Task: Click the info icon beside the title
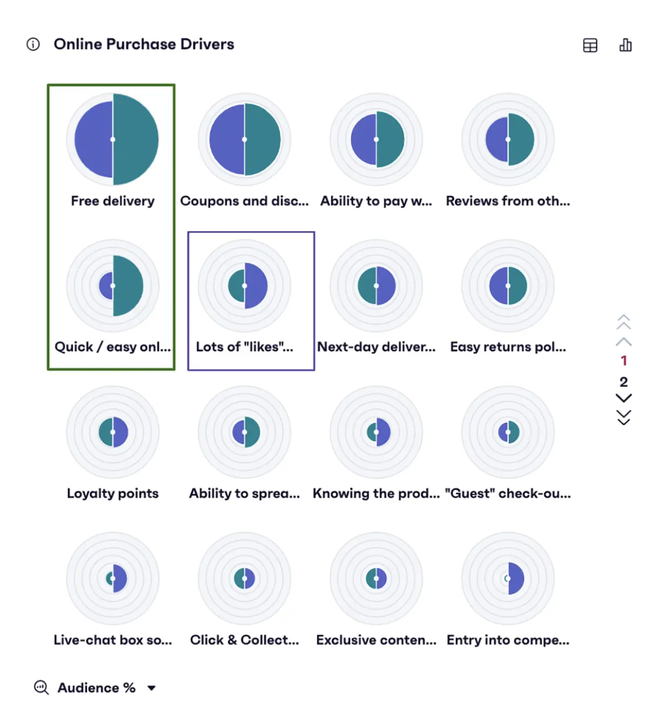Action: [33, 44]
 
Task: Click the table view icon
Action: [590, 46]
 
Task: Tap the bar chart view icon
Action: [626, 45]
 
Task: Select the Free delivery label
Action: [113, 201]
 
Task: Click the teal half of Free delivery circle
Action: [136, 139]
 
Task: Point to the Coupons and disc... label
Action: [244, 201]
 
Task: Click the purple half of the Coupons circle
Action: [227, 139]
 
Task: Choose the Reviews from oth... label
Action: [508, 201]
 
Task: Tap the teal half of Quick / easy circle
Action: [128, 286]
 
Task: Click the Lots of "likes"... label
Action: [244, 347]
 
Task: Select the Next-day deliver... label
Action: [376, 347]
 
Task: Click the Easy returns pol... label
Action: [508, 347]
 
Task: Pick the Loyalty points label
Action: [113, 493]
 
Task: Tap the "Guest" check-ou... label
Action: [508, 493]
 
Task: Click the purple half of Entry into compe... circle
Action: [516, 578]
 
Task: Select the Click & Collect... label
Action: [244, 640]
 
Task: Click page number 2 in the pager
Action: [624, 382]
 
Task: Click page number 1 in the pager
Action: [624, 360]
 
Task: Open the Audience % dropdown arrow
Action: [152, 688]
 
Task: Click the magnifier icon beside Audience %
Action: [41, 688]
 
